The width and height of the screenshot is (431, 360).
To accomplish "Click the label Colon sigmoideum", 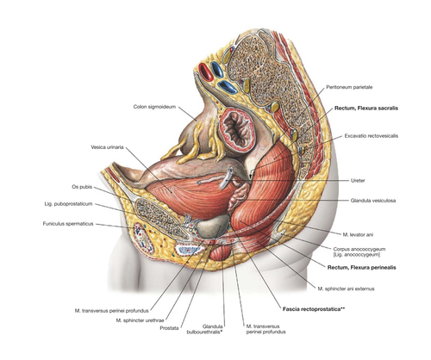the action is click(x=154, y=107).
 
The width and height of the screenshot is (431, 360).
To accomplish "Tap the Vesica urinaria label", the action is click(x=107, y=147).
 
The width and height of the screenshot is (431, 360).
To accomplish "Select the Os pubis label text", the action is click(x=82, y=187).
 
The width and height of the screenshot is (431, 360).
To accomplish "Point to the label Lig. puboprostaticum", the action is click(x=68, y=204).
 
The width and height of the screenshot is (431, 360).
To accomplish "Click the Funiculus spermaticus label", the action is click(x=68, y=224).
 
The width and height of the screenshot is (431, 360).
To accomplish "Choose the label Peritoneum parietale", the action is click(x=349, y=87).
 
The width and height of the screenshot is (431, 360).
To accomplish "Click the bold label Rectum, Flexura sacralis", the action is click(x=366, y=109).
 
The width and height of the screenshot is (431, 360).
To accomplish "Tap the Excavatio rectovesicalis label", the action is click(x=372, y=136).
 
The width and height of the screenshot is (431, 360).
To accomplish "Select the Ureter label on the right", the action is click(x=358, y=181).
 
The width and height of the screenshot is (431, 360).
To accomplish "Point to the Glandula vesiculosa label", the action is click(x=373, y=201).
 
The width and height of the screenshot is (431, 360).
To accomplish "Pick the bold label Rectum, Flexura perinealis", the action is click(x=362, y=268).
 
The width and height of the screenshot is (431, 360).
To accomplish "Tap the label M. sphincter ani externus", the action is click(x=346, y=289).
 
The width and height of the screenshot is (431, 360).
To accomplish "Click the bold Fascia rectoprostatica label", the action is click(x=314, y=309).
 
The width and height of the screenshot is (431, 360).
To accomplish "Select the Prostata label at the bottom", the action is click(x=169, y=328).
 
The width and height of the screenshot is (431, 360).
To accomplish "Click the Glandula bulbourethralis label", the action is click(x=205, y=329).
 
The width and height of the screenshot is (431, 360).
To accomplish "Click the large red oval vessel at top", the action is click(x=206, y=72).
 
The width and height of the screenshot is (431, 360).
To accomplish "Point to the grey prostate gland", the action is click(x=213, y=226).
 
